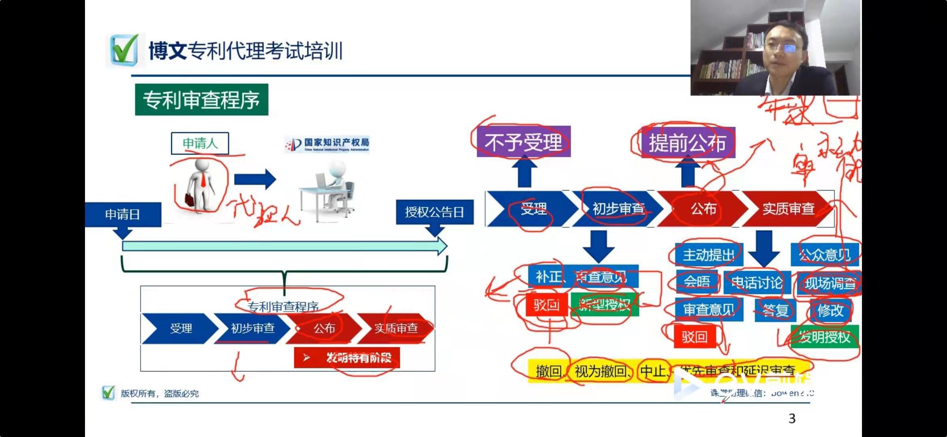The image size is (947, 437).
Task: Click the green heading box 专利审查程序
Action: coord(202,100)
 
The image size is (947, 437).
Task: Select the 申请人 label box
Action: coord(200,143)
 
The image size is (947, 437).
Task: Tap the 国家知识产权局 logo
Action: coord(327,144)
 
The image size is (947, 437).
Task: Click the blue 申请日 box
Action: coord(123,214)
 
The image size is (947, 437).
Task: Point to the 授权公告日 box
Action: coord(434,212)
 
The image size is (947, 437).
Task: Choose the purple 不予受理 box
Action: coord(523,142)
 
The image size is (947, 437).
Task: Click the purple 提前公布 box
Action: coord(688,143)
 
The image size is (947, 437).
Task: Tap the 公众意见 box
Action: coord(824,255)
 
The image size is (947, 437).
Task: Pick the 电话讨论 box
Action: coord(756,283)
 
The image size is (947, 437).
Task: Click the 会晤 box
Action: coord(696,282)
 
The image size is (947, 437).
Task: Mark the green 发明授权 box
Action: coord(824,337)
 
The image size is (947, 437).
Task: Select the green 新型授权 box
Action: coord(605,304)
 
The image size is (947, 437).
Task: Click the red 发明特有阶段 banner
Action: coord(347,358)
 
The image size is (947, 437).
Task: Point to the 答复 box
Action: coord(775,310)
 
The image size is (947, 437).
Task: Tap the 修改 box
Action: coord(830,310)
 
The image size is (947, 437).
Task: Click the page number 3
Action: coord(792,418)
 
